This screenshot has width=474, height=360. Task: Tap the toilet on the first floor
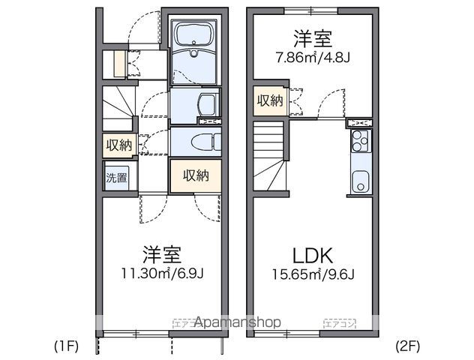point(204,141)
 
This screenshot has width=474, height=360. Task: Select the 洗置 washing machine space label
point(116,178)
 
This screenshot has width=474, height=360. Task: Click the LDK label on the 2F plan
point(313,253)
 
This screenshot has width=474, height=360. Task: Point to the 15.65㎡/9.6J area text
point(313,272)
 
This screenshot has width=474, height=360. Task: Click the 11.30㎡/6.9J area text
point(161,272)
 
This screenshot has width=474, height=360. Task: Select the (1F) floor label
point(66,346)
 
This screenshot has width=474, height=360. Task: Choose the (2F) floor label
point(409,346)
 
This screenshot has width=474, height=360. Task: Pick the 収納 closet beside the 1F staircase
point(118,145)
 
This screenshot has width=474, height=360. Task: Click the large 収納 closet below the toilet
point(195,175)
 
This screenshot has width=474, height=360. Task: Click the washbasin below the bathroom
point(208,104)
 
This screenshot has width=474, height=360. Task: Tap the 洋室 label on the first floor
point(161,253)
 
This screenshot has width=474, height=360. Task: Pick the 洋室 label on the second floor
point(313,36)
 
